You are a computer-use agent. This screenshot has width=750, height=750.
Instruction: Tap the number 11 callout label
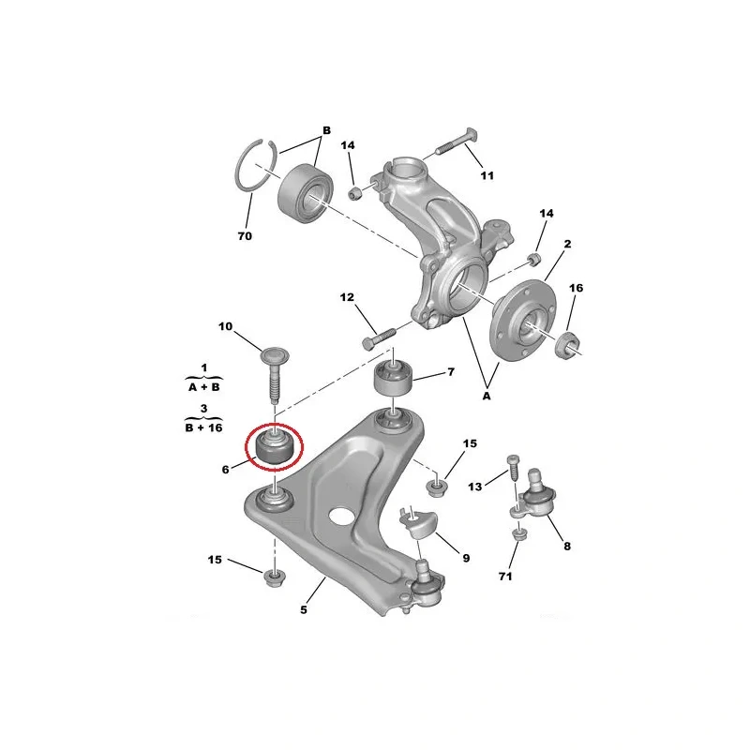coord(487,175)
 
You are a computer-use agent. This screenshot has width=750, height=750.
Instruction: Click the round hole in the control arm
coord(340,517)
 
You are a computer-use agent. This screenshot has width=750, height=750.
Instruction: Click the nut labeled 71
coord(517,533)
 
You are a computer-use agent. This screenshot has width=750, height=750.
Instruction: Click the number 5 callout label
coord(304,610)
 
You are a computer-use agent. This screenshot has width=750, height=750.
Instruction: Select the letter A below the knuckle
coord(487,396)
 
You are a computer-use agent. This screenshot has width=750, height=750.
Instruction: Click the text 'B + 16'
coord(203,427)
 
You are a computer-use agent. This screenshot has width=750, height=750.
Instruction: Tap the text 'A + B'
coord(203,386)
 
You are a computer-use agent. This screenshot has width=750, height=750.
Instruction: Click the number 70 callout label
coord(245,236)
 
